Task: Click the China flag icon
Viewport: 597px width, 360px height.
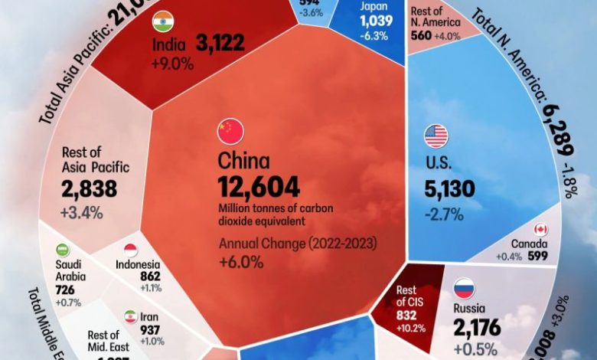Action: tap(230, 132)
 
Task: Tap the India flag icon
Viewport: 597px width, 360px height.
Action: tap(163, 21)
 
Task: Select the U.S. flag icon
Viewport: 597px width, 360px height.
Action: tap(436, 136)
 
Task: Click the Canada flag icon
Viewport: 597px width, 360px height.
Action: tap(540, 229)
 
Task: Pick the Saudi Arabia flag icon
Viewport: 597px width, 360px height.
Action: tap(64, 250)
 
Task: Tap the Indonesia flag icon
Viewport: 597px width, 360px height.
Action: tap(130, 250)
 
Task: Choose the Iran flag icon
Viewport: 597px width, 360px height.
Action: tap(130, 316)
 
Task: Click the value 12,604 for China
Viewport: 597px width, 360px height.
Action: tap(258, 187)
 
